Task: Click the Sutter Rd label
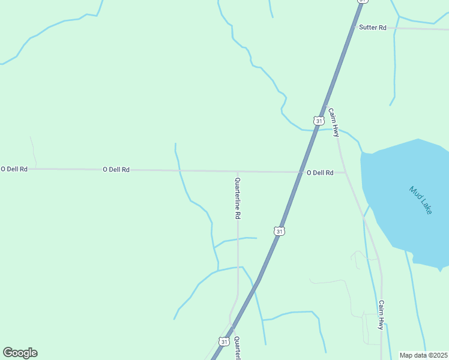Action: pyautogui.click(x=373, y=28)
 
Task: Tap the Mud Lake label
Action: pyautogui.click(x=420, y=200)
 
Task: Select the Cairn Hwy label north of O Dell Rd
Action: pyautogui.click(x=333, y=122)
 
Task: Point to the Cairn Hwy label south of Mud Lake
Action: pyautogui.click(x=381, y=315)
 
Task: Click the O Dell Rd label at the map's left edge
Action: pyautogui.click(x=14, y=169)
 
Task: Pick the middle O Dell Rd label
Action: pyautogui.click(x=116, y=170)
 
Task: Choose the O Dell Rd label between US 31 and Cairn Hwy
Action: pyautogui.click(x=320, y=173)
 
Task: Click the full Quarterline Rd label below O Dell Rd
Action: pyautogui.click(x=238, y=198)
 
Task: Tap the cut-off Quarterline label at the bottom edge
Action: pyautogui.click(x=237, y=348)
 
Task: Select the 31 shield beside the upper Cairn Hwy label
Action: pyautogui.click(x=318, y=121)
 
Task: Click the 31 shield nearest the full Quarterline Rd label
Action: pyautogui.click(x=279, y=231)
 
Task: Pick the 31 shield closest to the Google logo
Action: pyautogui.click(x=224, y=341)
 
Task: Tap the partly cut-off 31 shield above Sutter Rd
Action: pyautogui.click(x=362, y=1)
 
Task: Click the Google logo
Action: pyautogui.click(x=20, y=353)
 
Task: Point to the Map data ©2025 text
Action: pyautogui.click(x=423, y=355)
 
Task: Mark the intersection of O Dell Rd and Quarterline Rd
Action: pyautogui.click(x=238, y=172)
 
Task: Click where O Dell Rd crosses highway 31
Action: pyautogui.click(x=301, y=172)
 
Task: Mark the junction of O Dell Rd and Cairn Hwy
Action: pyautogui.click(x=345, y=173)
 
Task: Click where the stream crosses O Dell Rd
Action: pyautogui.click(x=179, y=170)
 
